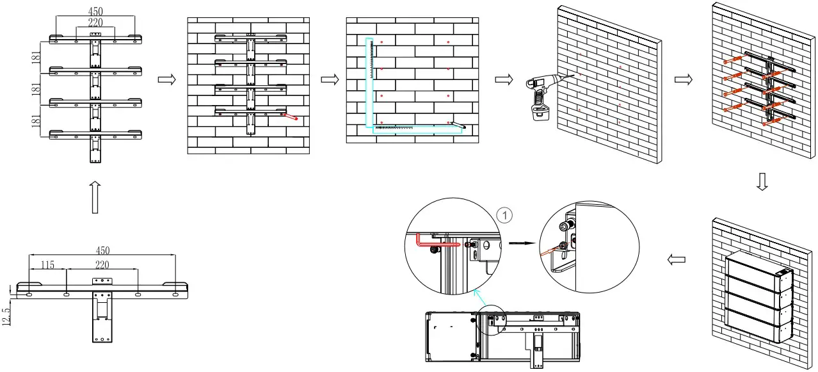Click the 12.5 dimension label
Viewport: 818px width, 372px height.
tap(7, 316)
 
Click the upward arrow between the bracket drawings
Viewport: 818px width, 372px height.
tap(94, 197)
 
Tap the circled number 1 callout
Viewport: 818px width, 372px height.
tap(505, 216)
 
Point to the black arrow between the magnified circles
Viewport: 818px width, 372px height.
tap(520, 243)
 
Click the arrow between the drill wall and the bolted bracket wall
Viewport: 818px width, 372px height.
tap(684, 79)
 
